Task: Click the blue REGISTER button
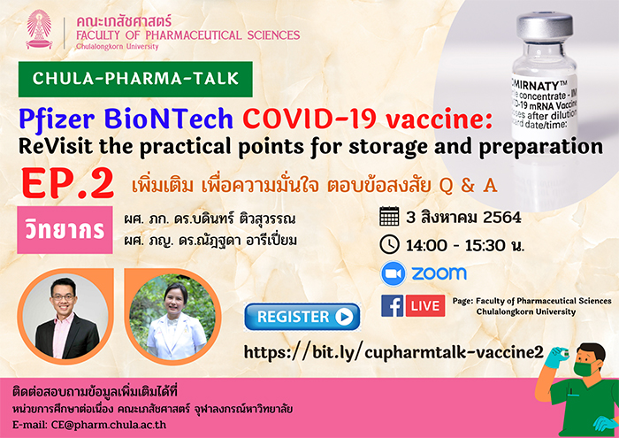302,317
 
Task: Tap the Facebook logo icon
393,305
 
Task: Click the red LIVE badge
425,305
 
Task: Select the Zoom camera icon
394,273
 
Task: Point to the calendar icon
389,217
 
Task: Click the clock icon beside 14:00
389,244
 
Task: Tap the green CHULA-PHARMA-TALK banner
135,79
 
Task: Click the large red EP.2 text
67,184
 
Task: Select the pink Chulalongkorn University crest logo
39,29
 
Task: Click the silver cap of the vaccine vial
545,25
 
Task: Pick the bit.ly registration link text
394,352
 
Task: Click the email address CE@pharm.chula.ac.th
109,425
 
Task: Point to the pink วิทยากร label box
65,230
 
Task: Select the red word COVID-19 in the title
309,119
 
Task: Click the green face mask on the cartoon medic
585,368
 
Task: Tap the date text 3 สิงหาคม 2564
463,217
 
